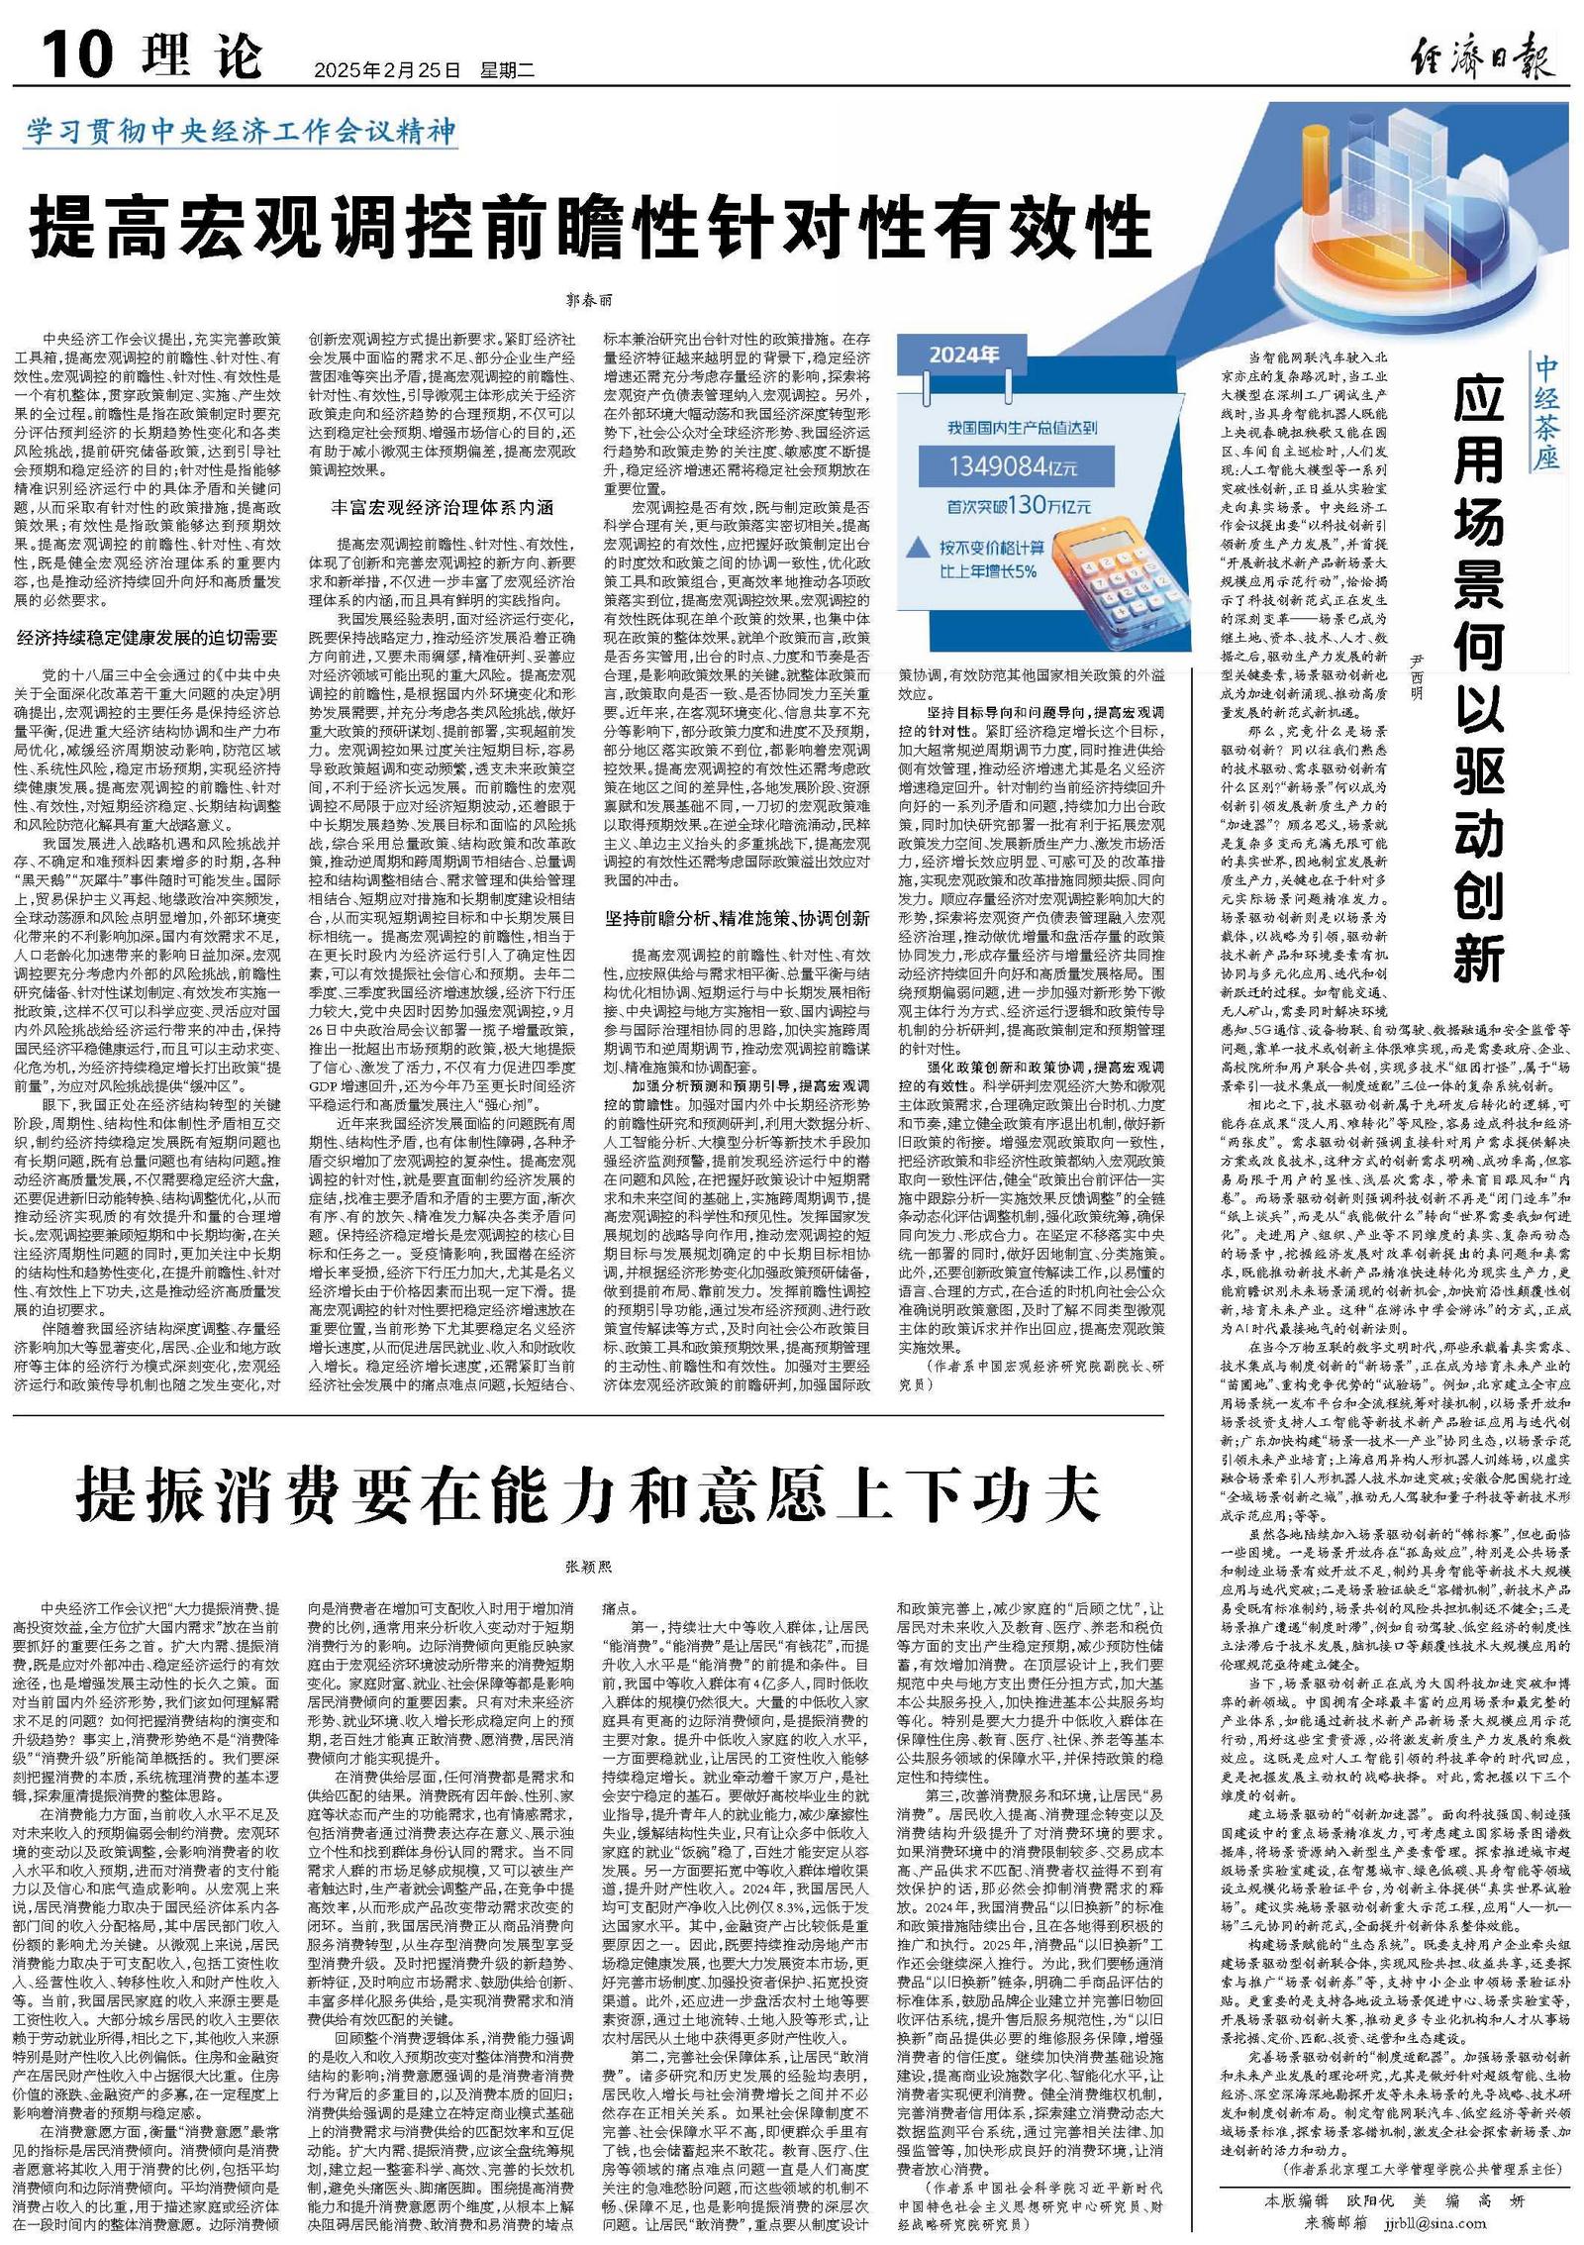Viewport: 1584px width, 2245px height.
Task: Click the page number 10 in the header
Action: [x=74, y=54]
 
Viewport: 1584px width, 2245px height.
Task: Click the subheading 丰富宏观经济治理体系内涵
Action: [x=442, y=508]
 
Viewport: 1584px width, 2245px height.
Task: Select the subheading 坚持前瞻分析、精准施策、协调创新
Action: [x=738, y=918]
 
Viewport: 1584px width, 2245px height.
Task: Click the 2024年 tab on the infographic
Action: [x=963, y=356]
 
